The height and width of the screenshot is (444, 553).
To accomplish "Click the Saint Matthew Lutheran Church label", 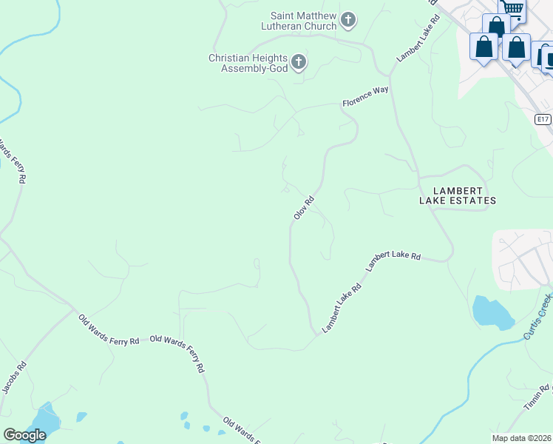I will click(x=303, y=20).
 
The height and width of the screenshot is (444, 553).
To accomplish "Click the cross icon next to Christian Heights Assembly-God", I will click(x=299, y=62).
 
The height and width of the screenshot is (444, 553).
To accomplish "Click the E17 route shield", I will click(x=543, y=119).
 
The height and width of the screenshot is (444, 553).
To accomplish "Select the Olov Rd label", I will click(x=304, y=206).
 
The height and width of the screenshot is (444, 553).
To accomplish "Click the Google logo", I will click(x=24, y=435).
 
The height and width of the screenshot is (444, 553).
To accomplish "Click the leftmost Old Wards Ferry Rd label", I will click(x=109, y=330).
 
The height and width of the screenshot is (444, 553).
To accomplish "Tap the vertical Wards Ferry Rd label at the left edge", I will click(x=13, y=161).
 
